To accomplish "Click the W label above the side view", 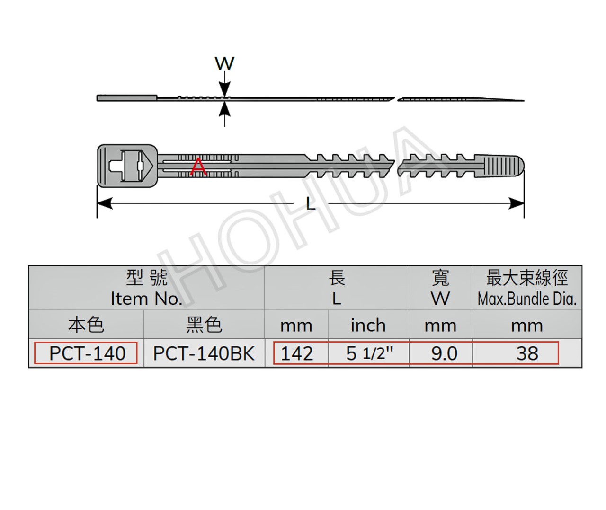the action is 224,63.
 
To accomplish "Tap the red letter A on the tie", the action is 198,167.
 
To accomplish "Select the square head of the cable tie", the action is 127,166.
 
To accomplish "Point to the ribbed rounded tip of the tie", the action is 499,166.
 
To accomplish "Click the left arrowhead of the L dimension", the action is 105,203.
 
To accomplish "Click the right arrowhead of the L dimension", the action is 517,203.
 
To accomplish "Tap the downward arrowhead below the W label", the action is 224,88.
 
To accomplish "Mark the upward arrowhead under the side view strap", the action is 224,110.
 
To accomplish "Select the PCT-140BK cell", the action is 204,353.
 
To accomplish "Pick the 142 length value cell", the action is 297,353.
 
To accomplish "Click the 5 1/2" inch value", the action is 369,353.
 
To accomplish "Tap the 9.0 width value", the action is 444,353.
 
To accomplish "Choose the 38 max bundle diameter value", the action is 527,353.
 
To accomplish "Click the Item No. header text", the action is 147,299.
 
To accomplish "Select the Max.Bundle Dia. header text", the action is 527,299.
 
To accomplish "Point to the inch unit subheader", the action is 368,325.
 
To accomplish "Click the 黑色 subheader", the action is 204,325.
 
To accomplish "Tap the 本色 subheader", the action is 86,325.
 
